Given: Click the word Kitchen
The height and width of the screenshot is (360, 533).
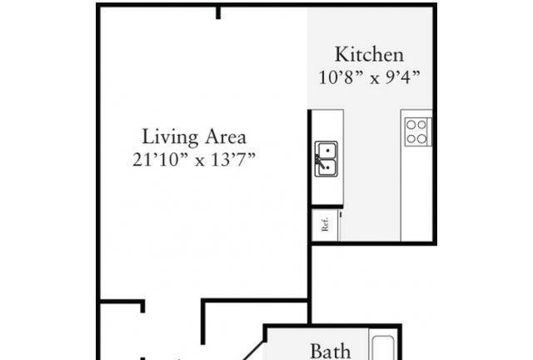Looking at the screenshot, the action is [x=370, y=54].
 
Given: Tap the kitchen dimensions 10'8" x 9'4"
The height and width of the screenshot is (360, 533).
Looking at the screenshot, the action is [x=370, y=77].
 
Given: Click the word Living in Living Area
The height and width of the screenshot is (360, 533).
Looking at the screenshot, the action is [x=170, y=137].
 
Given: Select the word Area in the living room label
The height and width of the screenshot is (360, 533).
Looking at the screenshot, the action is [x=226, y=137].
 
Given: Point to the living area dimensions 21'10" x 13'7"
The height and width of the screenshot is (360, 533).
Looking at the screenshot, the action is [x=194, y=159].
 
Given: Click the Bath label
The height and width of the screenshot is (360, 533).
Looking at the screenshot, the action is [x=331, y=352].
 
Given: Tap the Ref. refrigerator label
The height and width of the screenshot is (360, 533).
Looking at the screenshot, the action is [x=326, y=224].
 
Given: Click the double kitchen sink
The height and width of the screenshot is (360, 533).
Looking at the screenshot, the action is [x=326, y=159].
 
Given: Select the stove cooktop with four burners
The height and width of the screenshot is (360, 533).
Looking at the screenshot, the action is [x=418, y=132].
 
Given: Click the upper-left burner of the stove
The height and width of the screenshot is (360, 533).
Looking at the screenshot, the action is [x=411, y=125].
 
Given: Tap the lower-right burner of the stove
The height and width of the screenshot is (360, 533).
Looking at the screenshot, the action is [x=422, y=139].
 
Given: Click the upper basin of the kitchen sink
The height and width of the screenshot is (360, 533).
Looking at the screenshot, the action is [x=327, y=150].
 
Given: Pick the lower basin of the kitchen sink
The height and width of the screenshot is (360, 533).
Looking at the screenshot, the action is [x=327, y=167].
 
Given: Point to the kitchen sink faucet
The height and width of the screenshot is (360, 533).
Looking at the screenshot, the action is [x=318, y=159].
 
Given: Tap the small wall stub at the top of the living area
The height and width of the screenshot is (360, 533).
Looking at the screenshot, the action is [x=218, y=13].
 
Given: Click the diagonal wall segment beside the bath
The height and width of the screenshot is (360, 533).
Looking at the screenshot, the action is [x=253, y=349].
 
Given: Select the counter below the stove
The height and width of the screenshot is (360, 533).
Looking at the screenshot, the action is [x=416, y=194].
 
